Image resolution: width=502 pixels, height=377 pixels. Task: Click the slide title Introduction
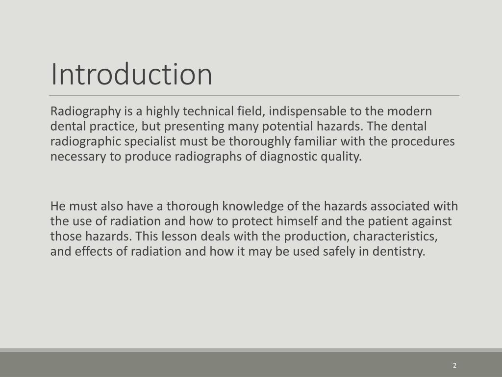[x=131, y=74]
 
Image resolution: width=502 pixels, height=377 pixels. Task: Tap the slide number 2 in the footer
[x=454, y=365]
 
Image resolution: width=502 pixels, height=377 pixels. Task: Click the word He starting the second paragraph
[x=58, y=206]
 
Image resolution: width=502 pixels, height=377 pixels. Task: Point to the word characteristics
[x=395, y=237]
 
